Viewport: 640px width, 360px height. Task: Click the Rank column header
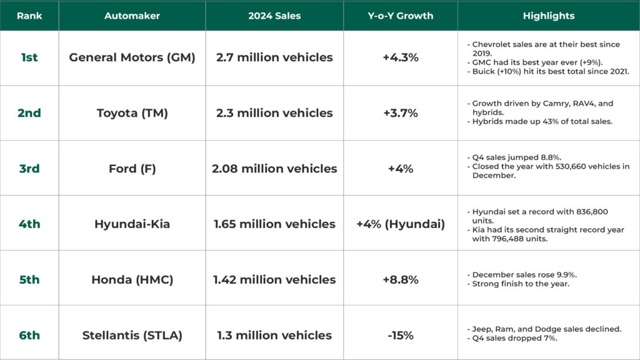29,16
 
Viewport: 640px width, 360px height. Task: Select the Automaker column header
132,16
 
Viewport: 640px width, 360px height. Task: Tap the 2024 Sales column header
274,16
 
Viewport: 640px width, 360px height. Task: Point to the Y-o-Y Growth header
400,16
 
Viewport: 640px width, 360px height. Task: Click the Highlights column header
548,16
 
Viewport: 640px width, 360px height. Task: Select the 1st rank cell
29,57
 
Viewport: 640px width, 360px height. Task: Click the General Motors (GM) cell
132,57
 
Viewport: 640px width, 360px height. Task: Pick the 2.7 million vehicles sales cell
274,57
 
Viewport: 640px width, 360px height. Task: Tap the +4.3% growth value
400,57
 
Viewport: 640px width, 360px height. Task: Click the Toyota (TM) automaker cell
132,113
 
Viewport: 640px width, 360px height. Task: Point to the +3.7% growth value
400,113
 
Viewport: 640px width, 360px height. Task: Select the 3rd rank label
29,169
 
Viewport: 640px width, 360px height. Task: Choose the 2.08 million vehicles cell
274,169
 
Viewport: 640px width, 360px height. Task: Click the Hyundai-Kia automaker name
132,224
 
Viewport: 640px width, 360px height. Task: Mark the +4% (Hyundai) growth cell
400,224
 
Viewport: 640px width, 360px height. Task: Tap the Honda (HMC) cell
132,279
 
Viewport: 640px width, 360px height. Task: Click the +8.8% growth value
400,279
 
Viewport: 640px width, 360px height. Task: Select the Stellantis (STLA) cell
132,335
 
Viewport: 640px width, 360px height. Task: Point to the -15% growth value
400,335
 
